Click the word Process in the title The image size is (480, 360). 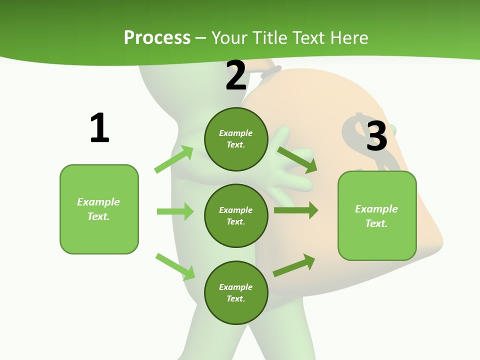coord(157,38)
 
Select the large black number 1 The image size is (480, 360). coord(99,128)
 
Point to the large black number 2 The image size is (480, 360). coord(236,75)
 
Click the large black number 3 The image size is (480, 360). coord(376,136)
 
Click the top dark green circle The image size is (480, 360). coord(236,139)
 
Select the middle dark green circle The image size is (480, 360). coord(236,215)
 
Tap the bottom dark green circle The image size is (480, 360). coord(236,292)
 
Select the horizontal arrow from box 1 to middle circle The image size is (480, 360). coord(175,211)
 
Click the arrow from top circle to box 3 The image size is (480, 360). coord(297,159)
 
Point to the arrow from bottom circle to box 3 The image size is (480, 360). coord(294,265)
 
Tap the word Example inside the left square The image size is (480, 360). coord(98,202)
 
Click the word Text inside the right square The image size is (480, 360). coord(376,223)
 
